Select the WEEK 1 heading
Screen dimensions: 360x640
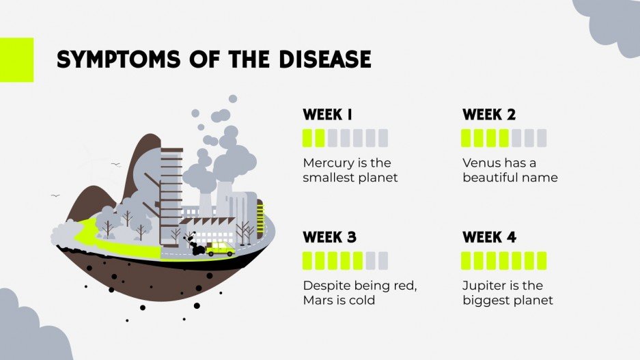[328, 115]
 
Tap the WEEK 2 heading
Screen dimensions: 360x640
[488, 115]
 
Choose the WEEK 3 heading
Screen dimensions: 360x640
[330, 238]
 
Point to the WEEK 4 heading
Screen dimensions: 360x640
[489, 238]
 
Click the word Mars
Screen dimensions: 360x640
[316, 300]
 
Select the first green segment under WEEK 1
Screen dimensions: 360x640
[307, 138]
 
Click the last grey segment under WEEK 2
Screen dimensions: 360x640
[542, 138]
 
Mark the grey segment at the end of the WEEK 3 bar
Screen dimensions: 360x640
[382, 260]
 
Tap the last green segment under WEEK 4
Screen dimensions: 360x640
[542, 260]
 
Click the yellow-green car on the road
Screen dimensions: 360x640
[220, 248]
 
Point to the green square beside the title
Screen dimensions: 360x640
[16, 59]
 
